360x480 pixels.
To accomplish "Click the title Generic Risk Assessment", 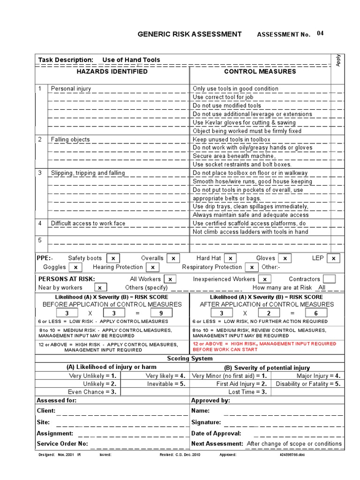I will [189, 34].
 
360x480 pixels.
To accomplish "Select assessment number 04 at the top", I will [320, 33].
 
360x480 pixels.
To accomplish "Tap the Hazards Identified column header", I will [112, 72].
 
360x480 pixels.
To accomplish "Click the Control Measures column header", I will [260, 72].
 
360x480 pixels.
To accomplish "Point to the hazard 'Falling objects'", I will [70, 139].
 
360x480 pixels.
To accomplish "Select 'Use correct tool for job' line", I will [223, 97].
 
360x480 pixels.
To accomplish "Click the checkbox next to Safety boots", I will [113, 258].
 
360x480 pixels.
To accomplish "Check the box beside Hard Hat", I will [230, 258].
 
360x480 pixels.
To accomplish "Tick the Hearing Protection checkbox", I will [152, 267].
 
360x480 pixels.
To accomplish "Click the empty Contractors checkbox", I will [329, 279].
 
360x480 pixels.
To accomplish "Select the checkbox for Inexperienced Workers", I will [264, 279].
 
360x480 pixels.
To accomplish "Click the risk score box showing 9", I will [161, 313].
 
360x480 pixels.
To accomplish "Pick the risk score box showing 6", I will [316, 313].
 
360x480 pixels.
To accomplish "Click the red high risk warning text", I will [264, 346].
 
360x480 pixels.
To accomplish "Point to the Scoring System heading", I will [190, 359].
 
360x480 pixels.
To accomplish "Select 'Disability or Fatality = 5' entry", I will [308, 383].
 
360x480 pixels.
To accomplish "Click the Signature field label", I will [206, 422].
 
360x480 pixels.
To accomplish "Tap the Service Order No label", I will [62, 443].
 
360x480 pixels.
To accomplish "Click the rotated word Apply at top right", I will [338, 60].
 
